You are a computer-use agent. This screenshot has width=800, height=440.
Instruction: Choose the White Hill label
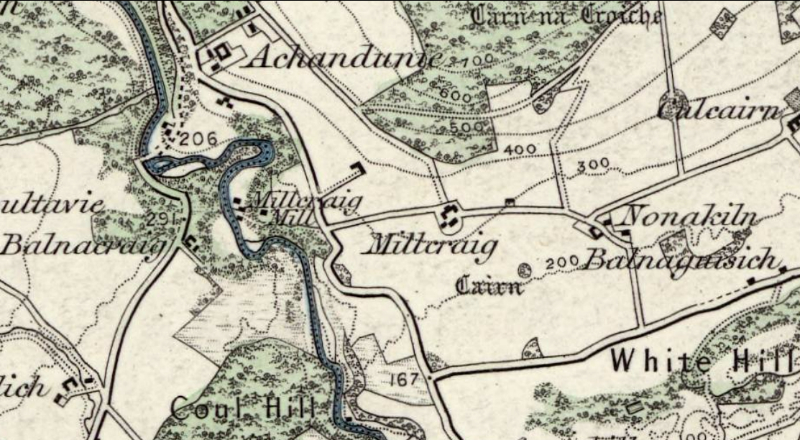coord(705,359)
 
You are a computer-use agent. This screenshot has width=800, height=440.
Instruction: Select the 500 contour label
coord(471,128)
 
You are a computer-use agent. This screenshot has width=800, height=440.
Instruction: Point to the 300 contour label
coord(593,165)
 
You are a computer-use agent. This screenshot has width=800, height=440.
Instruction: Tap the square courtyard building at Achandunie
coord(219,52)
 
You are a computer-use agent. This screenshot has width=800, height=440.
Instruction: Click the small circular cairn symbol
coord(524,270)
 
